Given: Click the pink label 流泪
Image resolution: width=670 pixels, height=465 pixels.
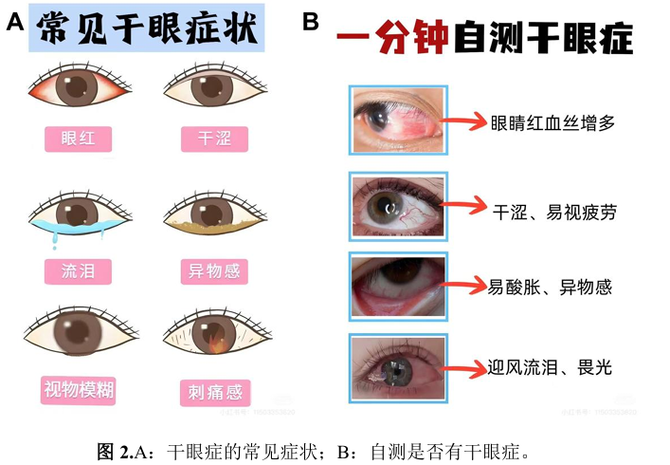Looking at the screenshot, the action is point(79,272).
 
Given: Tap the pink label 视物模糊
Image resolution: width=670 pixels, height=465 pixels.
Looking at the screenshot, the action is point(79,389).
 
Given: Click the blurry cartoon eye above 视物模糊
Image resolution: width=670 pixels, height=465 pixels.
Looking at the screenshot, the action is point(75,335).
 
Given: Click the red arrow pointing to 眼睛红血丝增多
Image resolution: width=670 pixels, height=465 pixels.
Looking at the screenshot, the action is point(467,122).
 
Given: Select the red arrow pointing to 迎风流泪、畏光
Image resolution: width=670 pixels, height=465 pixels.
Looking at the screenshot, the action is point(467,367).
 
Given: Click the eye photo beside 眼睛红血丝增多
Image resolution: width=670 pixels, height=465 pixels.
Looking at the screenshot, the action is point(398,121).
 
